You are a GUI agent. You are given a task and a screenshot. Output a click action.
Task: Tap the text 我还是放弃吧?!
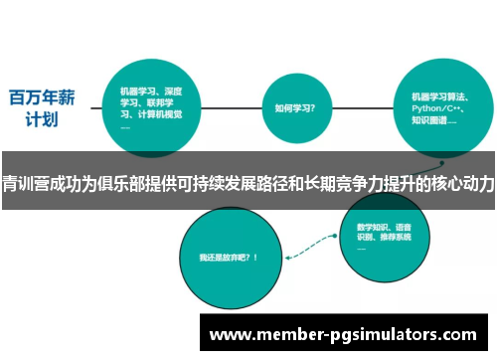229,257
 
